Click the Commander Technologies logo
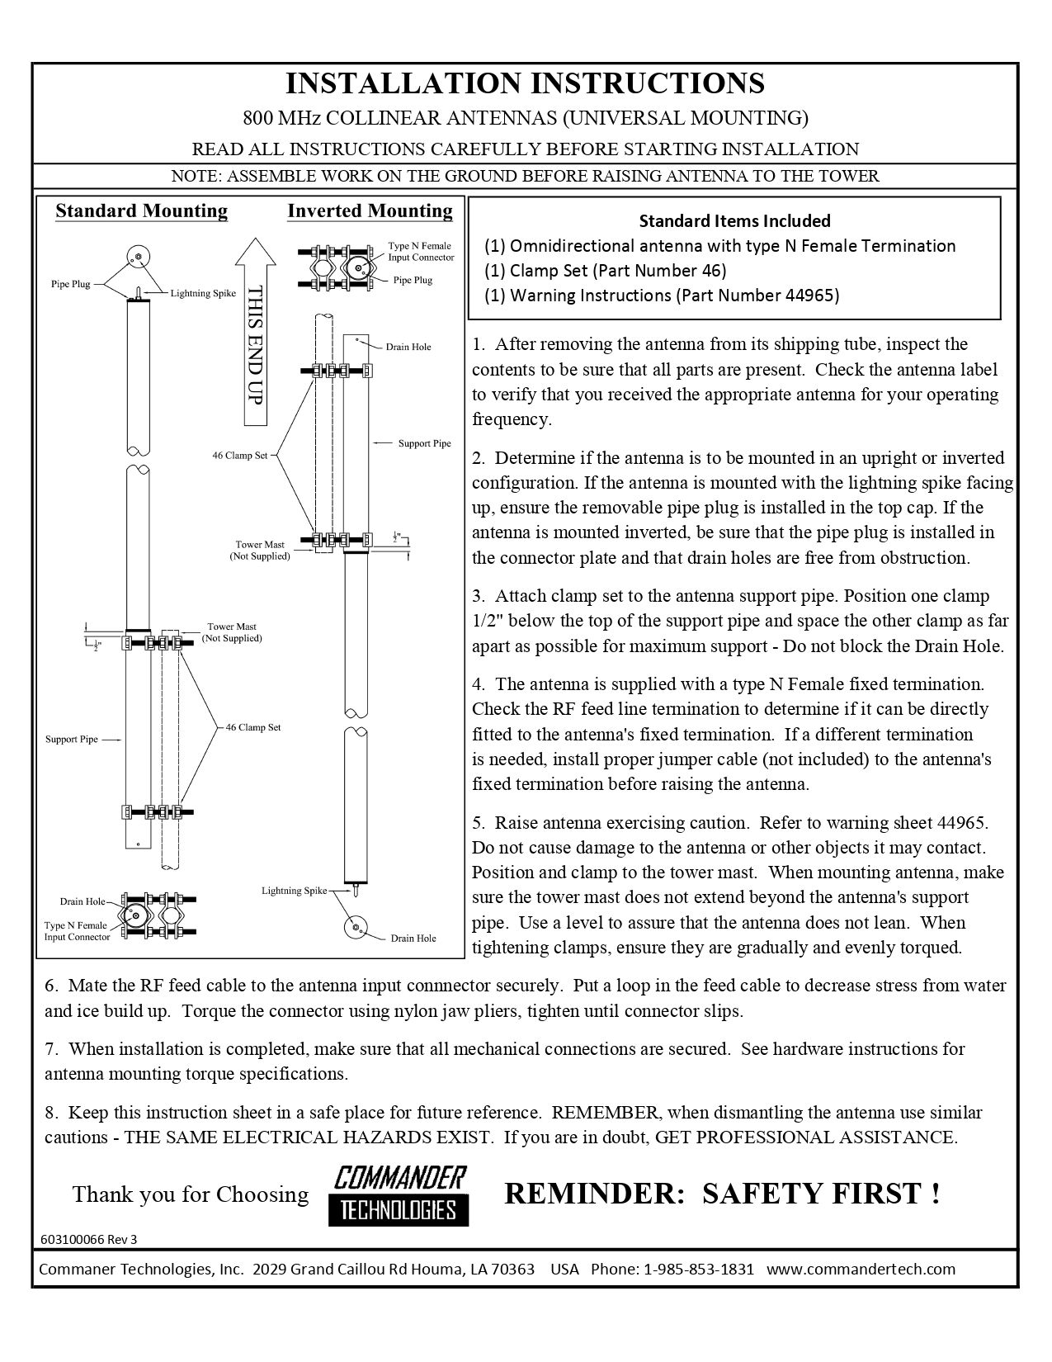tap(399, 1194)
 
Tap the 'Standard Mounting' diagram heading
tap(141, 211)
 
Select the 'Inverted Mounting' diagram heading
tap(370, 211)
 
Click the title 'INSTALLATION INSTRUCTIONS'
tap(525, 83)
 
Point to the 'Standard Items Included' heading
tap(734, 220)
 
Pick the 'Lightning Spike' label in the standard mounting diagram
tap(203, 293)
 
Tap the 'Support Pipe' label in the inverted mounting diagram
tap(424, 443)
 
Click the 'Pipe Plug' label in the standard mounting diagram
tap(70, 285)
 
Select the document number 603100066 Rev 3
tap(89, 1239)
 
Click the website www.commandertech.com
tap(861, 1269)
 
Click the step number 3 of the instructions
tap(478, 596)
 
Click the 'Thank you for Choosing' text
tap(190, 1194)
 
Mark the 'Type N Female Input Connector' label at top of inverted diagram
tap(421, 252)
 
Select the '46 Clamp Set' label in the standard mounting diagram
tap(253, 727)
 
